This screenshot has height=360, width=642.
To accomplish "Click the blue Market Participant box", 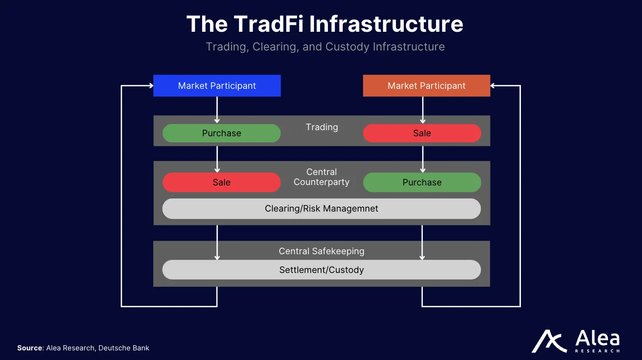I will pyautogui.click(x=217, y=86).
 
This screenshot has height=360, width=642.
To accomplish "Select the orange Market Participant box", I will pyautogui.click(x=426, y=86).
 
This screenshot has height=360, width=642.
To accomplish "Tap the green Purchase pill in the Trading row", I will pyautogui.click(x=221, y=133).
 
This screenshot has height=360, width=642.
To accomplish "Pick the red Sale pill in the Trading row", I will pyautogui.click(x=422, y=133).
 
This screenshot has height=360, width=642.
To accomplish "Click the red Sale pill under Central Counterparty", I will pyautogui.click(x=221, y=182).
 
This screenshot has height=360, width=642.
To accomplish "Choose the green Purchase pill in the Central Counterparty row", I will pyautogui.click(x=422, y=182).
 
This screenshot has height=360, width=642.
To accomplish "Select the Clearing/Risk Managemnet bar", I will pyautogui.click(x=321, y=209).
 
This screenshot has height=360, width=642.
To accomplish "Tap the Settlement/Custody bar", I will pyautogui.click(x=321, y=270).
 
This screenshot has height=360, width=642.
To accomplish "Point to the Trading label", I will pyautogui.click(x=322, y=127).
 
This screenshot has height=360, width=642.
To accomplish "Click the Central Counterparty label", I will pyautogui.click(x=321, y=177).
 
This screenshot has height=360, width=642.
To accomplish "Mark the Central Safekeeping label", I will pyautogui.click(x=321, y=251).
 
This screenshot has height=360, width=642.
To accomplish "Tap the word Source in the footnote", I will pyautogui.click(x=30, y=348).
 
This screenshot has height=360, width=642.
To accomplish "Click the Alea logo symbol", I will pyautogui.click(x=549, y=341).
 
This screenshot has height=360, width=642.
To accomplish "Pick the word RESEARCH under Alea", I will pyautogui.click(x=597, y=351).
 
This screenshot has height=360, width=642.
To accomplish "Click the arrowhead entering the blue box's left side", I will pyautogui.click(x=151, y=86).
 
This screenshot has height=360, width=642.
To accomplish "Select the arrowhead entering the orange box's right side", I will pyautogui.click(x=493, y=86).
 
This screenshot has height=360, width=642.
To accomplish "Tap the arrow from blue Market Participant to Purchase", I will pyautogui.click(x=217, y=110).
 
